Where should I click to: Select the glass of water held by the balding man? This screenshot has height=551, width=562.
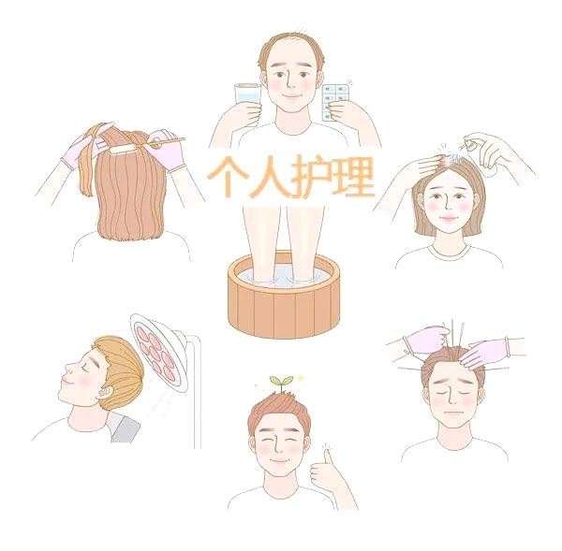coord(247,99)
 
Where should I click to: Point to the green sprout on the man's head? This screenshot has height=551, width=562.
coord(281,384)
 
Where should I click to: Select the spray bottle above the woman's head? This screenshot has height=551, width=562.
coord(468,143)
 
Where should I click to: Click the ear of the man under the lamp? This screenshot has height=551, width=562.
coord(105,392)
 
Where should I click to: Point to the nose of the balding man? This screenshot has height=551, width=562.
coord(291,83)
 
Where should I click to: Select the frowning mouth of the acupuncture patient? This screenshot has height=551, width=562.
coord(452,412)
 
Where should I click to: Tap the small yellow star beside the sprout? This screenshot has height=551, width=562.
coord(300,378)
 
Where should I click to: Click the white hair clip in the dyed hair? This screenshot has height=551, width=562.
coord(123,150)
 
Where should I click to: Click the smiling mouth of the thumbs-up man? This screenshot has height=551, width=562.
coord(278,460)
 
